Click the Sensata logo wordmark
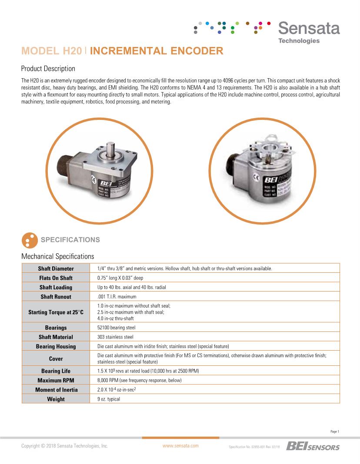(x=309, y=29)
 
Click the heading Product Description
(x=48, y=69)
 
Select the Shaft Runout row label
(x=56, y=297)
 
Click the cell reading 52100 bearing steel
(x=115, y=328)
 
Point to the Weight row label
(x=56, y=399)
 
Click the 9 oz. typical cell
(x=108, y=399)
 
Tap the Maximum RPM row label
(x=56, y=380)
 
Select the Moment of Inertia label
(x=56, y=390)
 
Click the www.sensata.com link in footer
(x=180, y=446)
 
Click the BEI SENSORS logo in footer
(x=313, y=446)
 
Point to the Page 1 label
(x=334, y=431)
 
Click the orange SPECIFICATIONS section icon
(x=28, y=240)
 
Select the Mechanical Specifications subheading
(x=57, y=256)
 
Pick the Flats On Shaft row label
(x=56, y=278)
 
